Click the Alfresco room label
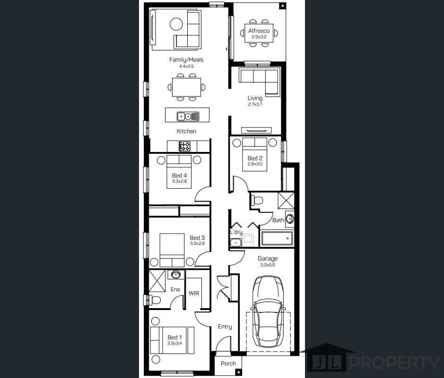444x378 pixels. [259, 31]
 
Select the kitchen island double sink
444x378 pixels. [188, 116]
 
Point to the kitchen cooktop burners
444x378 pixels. [184, 146]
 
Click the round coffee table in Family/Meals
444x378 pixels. [176, 24]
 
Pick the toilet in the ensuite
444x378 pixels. [153, 300]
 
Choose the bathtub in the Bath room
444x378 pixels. [277, 238]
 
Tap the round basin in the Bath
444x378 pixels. [290, 219]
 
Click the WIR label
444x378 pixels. [194, 293]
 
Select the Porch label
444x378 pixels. [228, 363]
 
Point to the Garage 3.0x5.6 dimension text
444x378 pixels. [268, 265]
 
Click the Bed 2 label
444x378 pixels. [255, 158]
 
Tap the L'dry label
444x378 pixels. [236, 232]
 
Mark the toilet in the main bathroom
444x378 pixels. [257, 200]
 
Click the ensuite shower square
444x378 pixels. [157, 281]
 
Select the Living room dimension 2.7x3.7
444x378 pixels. [255, 104]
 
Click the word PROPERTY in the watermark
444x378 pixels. [394, 363]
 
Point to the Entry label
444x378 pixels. [225, 327]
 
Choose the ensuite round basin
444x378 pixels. [175, 274]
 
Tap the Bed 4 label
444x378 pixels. [179, 176]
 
